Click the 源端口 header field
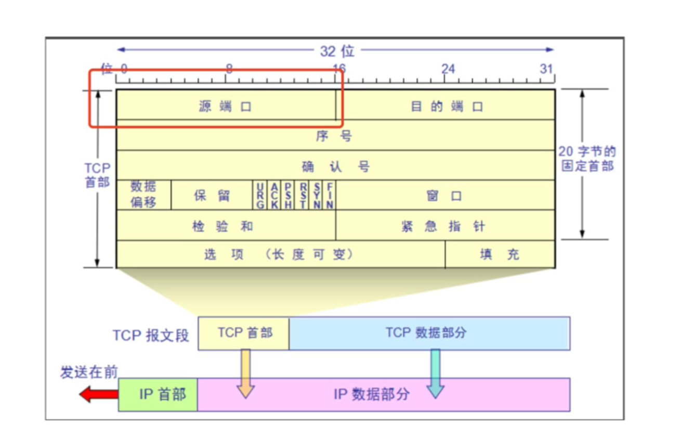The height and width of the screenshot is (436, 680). tap(226, 107)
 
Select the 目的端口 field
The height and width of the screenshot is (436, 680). tap(446, 107)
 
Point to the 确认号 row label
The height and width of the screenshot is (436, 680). tap(335, 166)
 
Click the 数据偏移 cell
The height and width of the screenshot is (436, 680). tap(143, 195)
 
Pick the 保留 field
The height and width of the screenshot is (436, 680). tap(212, 196)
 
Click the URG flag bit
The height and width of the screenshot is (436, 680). tap(260, 196)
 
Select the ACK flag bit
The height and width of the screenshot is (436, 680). tap(274, 196)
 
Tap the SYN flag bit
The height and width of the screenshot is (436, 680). tap(317, 196)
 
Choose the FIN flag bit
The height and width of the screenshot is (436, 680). tap(330, 196)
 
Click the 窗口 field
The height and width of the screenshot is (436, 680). tap(444, 196)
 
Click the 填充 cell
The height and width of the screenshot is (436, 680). tap(499, 254)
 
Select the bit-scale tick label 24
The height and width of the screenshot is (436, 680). tap(448, 69)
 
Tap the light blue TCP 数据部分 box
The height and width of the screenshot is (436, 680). tap(429, 333)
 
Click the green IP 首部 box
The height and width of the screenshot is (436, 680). tap(158, 394)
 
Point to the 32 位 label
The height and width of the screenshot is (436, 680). tap(337, 51)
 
